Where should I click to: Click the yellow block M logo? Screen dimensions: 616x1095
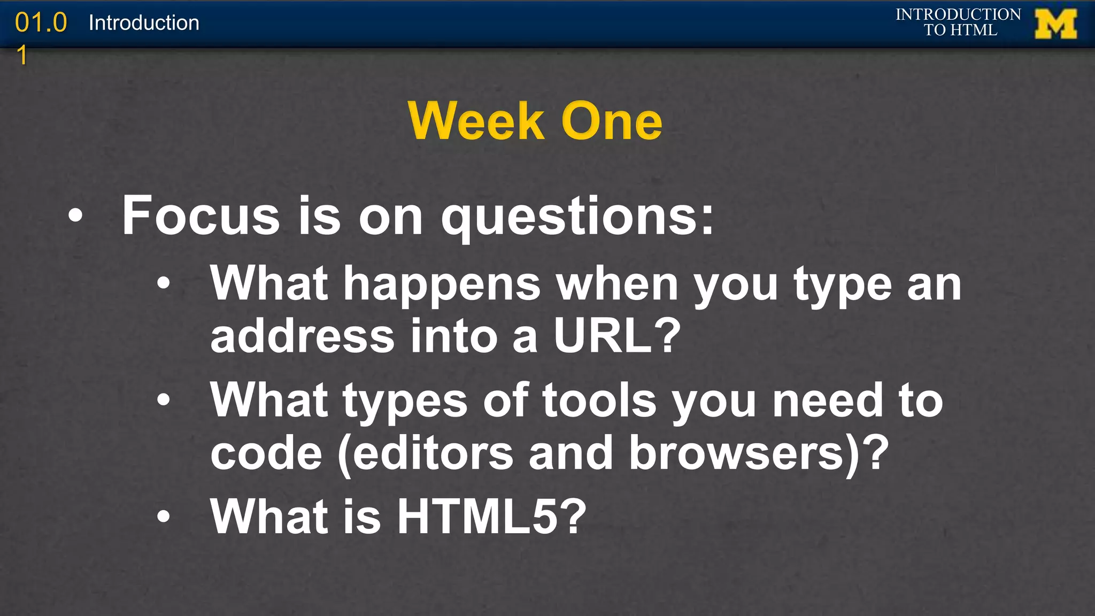point(1055,24)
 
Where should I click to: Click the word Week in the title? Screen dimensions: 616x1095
point(476,121)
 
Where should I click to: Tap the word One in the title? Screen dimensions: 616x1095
point(612,121)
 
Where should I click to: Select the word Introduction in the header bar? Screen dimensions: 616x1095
point(144,23)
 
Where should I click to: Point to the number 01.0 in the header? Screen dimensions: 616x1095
point(41,23)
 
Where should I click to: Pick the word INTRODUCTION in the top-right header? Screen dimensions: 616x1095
point(958,14)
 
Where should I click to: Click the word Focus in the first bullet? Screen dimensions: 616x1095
point(201,215)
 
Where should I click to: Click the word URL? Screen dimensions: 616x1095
point(617,336)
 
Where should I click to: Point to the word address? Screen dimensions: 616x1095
point(303,336)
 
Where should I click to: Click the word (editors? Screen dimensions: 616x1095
point(426,453)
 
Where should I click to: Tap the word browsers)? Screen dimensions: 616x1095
point(759,453)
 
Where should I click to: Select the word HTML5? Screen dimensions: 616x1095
point(491,516)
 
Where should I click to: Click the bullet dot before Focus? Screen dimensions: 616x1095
point(75,215)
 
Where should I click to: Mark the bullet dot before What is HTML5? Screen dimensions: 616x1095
point(164,516)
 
